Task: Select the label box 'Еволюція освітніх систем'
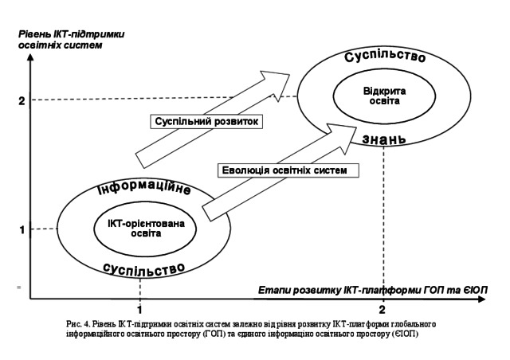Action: pyautogui.click(x=286, y=170)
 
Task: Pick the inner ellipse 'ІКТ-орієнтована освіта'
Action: pyautogui.click(x=139, y=229)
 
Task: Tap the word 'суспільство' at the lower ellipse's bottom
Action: pyautogui.click(x=144, y=268)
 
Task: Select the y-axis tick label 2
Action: pyautogui.click(x=22, y=100)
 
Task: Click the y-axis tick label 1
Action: pyautogui.click(x=22, y=230)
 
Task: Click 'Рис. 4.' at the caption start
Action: pyautogui.click(x=82, y=324)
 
